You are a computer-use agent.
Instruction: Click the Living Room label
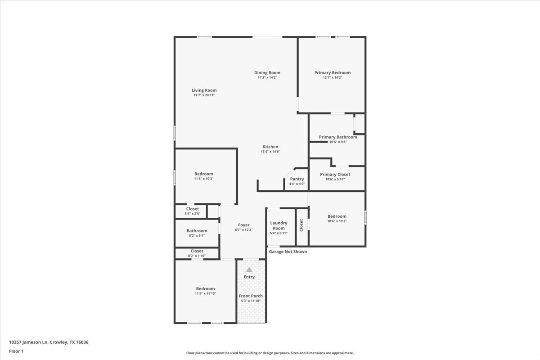coord(204,90)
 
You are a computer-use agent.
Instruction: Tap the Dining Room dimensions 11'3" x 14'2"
coord(267,78)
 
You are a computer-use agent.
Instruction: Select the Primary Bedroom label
coord(332,72)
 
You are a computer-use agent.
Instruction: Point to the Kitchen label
coord(270,147)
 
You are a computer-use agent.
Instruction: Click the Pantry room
coord(297,181)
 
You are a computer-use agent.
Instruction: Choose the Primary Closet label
coord(335,174)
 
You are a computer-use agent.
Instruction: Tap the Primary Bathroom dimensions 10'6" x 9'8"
coord(338,142)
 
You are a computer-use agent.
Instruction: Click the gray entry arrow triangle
coord(249,270)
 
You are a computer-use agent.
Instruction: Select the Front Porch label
coord(251,296)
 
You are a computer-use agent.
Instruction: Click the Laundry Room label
coord(279,225)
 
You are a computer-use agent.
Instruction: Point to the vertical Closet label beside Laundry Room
coord(301,225)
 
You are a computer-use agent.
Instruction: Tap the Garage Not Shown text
coord(288,252)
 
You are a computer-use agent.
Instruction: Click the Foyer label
coord(244,225)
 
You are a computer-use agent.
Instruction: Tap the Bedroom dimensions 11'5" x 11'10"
coord(205,294)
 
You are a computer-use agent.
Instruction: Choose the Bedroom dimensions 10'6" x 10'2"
coord(337,221)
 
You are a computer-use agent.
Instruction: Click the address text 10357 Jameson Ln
coord(29,342)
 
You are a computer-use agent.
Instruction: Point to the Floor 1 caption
coord(16,351)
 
